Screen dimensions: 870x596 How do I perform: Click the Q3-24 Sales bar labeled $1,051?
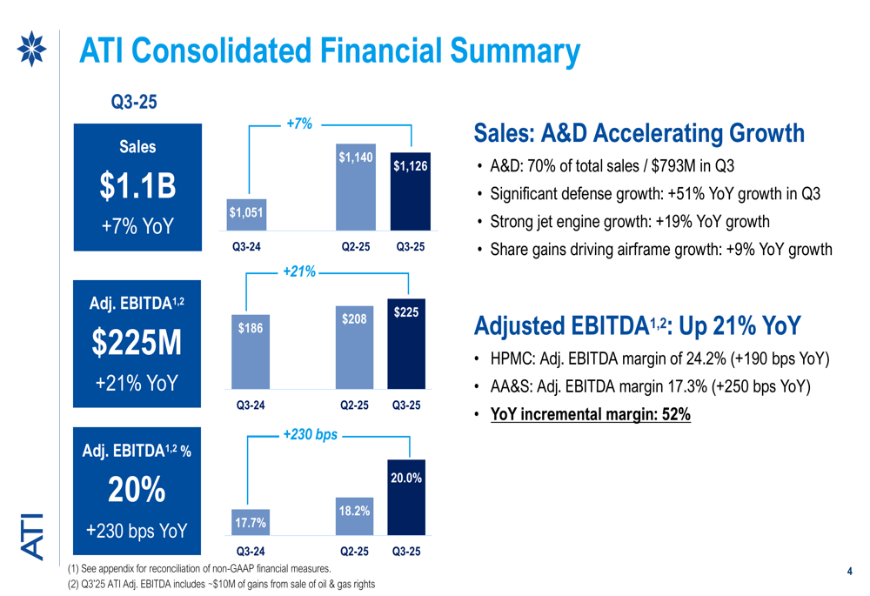[x=246, y=214]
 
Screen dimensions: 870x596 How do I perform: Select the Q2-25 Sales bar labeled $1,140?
[x=356, y=187]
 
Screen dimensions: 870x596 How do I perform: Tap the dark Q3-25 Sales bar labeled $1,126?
[x=411, y=191]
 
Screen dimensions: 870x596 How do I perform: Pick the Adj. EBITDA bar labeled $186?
[x=251, y=352]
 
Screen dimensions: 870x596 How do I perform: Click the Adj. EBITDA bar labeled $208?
[x=354, y=347]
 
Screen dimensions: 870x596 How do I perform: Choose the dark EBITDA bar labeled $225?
[x=406, y=344]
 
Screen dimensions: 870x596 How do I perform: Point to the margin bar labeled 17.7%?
[x=251, y=522]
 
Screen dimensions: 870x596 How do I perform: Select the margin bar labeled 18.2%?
[x=354, y=516]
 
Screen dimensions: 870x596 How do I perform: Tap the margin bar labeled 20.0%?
[x=406, y=497]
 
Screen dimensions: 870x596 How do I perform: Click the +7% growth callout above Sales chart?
[x=299, y=124]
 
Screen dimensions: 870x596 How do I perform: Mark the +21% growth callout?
[x=299, y=271]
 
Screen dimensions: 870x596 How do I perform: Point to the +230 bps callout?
[x=311, y=434]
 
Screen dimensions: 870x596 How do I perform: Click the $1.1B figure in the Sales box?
[x=137, y=185]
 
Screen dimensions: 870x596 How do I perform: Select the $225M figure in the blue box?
[x=137, y=342]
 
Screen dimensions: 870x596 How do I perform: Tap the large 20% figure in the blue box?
[x=137, y=490]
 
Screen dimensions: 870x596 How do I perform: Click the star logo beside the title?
[x=31, y=49]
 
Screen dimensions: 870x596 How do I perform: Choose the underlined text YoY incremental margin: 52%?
[x=591, y=414]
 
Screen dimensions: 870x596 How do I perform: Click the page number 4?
[x=849, y=571]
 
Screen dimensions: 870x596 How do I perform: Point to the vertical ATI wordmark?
[x=32, y=537]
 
